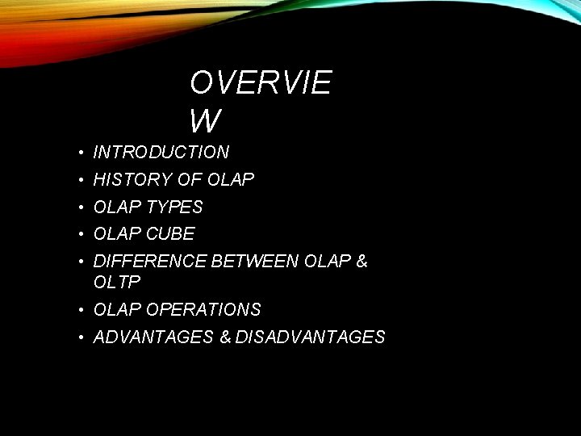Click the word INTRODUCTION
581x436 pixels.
click(161, 152)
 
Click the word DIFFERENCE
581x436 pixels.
click(150, 262)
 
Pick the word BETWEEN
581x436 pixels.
click(254, 262)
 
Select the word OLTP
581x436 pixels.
click(117, 282)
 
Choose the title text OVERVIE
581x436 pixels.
click(261, 83)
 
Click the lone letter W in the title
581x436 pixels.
click(205, 120)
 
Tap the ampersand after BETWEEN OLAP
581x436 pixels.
click(361, 262)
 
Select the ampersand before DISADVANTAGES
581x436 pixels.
click(225, 337)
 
